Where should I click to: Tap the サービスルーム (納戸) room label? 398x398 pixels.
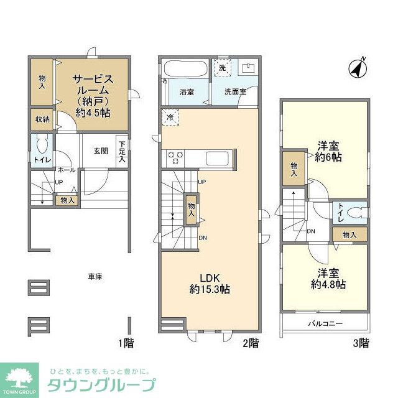pyautogui.click(x=93, y=96)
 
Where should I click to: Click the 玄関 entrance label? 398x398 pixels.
pyautogui.click(x=101, y=150)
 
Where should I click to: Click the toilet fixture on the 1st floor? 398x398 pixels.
pyautogui.click(x=42, y=145)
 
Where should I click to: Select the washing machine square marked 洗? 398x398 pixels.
pyautogui.click(x=223, y=68)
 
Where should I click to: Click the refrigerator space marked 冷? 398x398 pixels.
pyautogui.click(x=170, y=116)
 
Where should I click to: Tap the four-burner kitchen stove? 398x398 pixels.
pyautogui.click(x=175, y=158)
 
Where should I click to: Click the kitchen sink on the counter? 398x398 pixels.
pyautogui.click(x=217, y=158)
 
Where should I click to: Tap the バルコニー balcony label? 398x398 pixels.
pyautogui.click(x=326, y=323)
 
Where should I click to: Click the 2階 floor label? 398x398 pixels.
pyautogui.click(x=250, y=343)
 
